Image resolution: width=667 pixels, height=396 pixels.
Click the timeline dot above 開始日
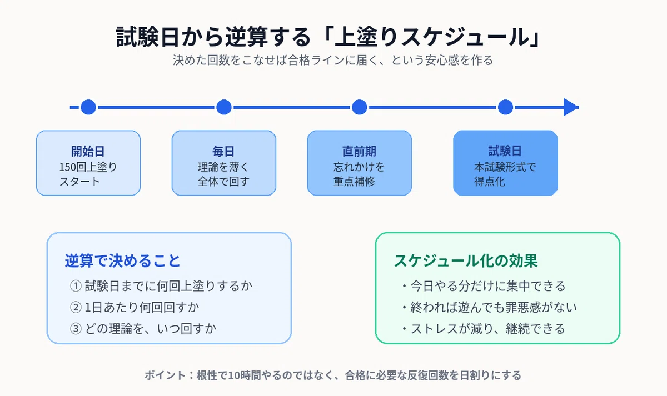(x=88, y=107)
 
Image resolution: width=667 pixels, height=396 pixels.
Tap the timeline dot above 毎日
(x=224, y=107)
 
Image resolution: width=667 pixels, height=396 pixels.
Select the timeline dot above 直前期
(x=360, y=107)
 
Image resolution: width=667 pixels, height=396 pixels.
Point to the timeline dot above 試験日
(x=505, y=107)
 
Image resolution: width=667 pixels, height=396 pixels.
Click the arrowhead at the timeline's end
(x=571, y=107)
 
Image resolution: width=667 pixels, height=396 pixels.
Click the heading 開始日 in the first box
(x=88, y=151)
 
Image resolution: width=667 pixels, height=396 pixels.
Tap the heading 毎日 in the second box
(x=223, y=151)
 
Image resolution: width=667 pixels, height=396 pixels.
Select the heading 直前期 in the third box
(x=359, y=151)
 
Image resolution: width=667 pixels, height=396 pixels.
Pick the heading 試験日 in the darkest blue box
(x=505, y=151)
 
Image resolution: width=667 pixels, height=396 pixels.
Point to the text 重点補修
(x=354, y=182)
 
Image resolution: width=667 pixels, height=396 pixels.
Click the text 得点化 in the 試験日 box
(x=490, y=182)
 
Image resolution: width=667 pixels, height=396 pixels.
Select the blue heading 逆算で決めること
(x=123, y=261)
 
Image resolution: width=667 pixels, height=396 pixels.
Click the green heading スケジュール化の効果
(x=466, y=261)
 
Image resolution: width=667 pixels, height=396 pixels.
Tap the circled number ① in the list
(x=76, y=286)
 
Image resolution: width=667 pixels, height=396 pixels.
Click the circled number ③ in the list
(x=76, y=329)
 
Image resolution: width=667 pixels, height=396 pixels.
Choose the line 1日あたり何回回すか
(x=142, y=307)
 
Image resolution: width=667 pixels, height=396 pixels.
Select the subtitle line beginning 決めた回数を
(x=333, y=60)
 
